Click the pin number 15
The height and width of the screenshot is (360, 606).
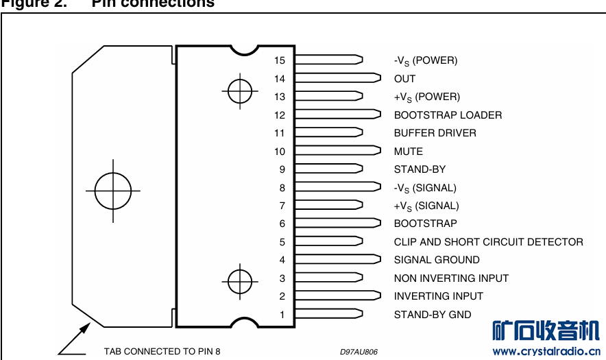coord(280,60)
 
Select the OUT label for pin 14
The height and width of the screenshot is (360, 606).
coord(404,79)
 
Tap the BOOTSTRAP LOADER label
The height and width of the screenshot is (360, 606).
coord(448,115)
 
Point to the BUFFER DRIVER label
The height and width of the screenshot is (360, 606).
coord(435,133)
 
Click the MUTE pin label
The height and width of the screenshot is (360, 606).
coord(408,152)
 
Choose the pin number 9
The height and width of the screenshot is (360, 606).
coord(282,169)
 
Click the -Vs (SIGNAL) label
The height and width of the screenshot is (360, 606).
coord(424,188)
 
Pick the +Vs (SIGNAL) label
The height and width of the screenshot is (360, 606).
coord(426,206)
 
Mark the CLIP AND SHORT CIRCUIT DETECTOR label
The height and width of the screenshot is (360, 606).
coord(488,242)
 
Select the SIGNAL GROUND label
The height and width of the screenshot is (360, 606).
coord(437,260)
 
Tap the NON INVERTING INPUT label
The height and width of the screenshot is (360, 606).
coord(451,278)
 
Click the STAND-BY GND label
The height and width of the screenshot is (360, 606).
coord(433,315)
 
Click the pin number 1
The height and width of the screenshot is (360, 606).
coord(282,315)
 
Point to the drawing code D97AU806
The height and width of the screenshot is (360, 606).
coord(359,352)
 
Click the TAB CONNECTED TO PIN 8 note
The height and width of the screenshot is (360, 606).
coord(162,352)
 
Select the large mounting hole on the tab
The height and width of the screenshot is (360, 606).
coord(113,191)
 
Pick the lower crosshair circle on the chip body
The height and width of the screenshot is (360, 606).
coord(239,279)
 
